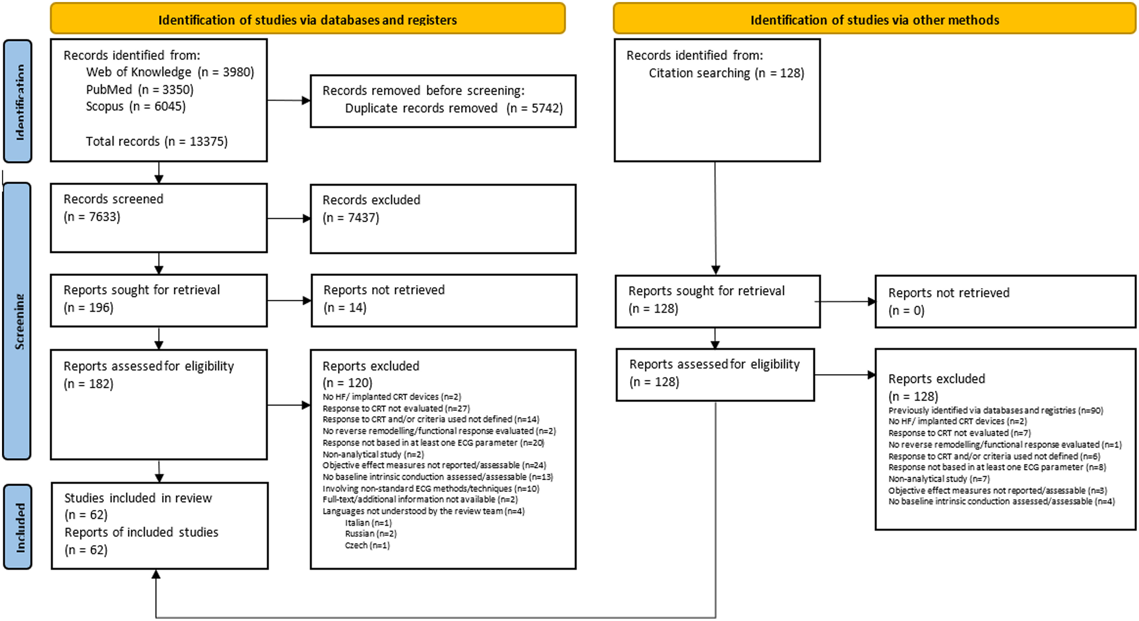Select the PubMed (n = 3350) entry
point(140,90)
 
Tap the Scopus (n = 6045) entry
point(135,106)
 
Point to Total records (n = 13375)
point(157,141)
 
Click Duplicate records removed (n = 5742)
point(454,108)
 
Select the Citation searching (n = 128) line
point(726,73)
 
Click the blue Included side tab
point(18,527)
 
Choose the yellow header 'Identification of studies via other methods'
point(874,19)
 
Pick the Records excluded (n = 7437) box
point(443,219)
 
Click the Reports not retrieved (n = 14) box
point(443,300)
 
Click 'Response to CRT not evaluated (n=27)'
point(396,408)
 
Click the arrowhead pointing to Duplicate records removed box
point(306,100)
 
